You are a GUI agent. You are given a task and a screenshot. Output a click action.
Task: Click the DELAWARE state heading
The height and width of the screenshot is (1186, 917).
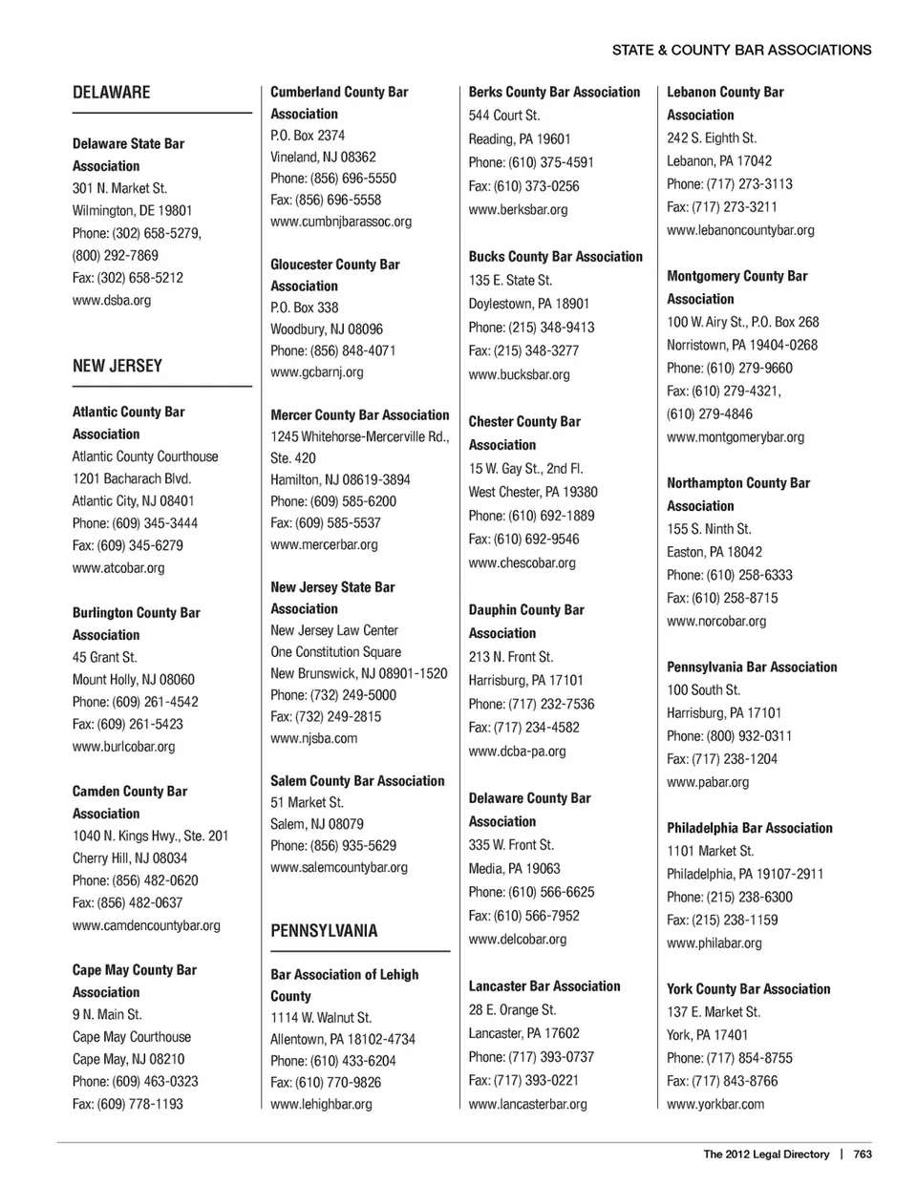click(111, 93)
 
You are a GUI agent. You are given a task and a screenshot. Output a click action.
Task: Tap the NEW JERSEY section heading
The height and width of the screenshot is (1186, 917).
click(117, 366)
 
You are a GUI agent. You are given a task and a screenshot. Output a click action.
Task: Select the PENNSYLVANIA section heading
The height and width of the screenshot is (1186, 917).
click(324, 931)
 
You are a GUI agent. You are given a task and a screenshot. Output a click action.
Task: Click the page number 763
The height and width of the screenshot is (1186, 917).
click(863, 1154)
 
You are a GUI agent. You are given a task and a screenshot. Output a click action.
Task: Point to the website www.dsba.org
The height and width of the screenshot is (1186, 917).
click(112, 300)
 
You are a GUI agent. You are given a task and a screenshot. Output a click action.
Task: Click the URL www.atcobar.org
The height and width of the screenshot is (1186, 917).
click(118, 567)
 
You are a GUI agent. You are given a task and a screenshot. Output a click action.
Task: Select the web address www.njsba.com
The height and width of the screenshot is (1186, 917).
click(313, 738)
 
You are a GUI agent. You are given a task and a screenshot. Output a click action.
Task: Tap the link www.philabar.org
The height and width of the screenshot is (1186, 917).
click(714, 943)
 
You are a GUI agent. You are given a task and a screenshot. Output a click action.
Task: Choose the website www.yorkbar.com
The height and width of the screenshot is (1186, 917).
click(715, 1104)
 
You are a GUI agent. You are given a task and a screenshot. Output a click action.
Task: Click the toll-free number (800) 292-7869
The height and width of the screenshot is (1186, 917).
click(116, 255)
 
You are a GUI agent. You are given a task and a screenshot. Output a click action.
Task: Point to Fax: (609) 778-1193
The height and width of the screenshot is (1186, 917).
click(128, 1103)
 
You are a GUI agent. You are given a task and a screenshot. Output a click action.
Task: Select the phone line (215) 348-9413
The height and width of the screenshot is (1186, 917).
click(531, 327)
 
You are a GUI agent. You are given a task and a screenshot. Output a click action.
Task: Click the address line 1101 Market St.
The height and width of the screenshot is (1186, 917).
click(710, 851)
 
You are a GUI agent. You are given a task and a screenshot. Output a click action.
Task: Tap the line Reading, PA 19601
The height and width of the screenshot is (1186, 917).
click(520, 138)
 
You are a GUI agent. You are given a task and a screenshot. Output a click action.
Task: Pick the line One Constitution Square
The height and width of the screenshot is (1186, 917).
click(335, 651)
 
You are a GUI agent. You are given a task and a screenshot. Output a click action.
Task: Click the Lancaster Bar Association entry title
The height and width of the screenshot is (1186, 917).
click(544, 985)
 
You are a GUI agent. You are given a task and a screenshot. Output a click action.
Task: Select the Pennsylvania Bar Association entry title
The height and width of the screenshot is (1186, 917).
click(752, 667)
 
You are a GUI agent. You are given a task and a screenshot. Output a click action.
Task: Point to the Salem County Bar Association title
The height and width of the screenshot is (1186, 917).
click(357, 780)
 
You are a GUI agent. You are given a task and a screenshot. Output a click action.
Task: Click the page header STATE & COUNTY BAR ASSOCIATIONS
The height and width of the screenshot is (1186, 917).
click(741, 50)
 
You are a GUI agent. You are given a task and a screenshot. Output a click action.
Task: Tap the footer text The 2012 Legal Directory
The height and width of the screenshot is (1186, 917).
click(766, 1154)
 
